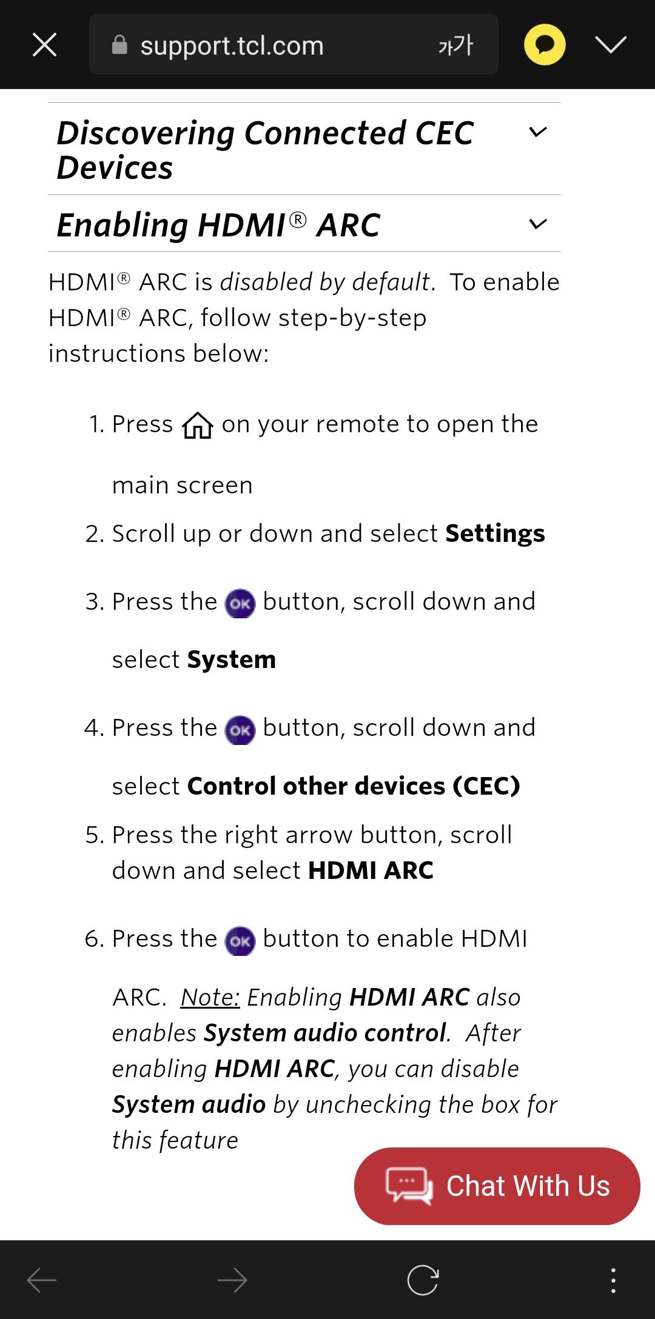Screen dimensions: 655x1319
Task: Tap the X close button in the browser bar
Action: coord(44,45)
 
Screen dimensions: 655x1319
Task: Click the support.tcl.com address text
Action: coord(232,46)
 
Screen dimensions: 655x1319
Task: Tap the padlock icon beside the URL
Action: coord(120,45)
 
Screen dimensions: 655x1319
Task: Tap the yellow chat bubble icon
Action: coord(545,44)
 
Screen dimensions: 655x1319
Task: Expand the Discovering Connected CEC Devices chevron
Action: coord(538,132)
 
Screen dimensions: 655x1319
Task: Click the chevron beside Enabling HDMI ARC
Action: coord(538,225)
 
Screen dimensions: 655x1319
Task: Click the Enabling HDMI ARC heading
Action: coord(218,225)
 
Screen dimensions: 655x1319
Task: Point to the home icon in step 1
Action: coord(198,425)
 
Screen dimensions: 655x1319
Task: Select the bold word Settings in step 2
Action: coord(495,533)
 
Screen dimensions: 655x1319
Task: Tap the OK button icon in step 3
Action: coord(240,603)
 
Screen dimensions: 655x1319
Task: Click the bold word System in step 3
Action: coord(231,659)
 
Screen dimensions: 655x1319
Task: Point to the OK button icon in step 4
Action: coord(240,730)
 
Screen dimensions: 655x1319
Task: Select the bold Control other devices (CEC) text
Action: coord(354,786)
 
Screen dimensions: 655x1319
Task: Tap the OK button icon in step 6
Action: coord(240,941)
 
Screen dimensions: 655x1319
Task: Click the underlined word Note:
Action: coord(210,997)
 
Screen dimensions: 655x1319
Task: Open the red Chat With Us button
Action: coord(497,1186)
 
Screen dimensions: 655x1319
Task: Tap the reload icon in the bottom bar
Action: coord(423,1281)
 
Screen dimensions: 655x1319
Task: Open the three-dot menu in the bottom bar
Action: coord(613,1281)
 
